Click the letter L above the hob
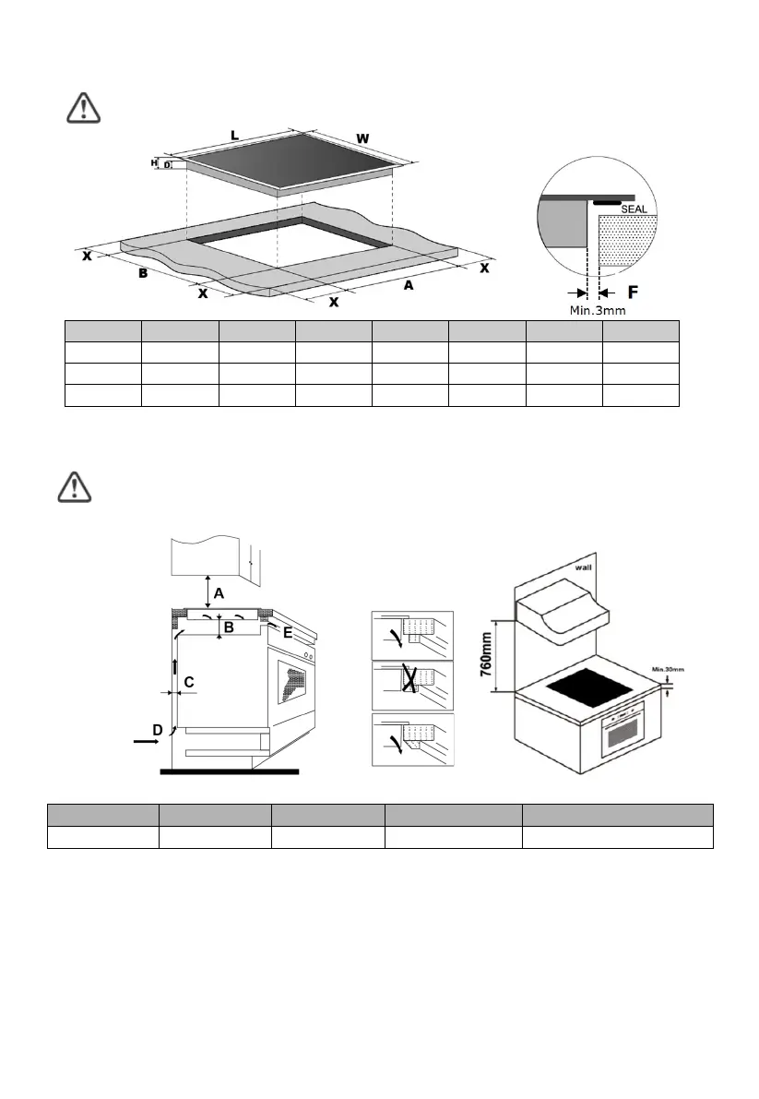tap(235, 136)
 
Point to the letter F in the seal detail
tap(633, 293)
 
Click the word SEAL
tap(633, 209)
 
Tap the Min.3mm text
tap(597, 311)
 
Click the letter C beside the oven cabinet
tap(188, 683)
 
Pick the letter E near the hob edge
tap(288, 633)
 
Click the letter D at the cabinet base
tap(158, 730)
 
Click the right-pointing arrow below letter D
tap(145, 740)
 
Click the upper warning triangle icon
tap(84, 108)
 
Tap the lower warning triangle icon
tap(71, 487)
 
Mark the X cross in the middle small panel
tap(409, 679)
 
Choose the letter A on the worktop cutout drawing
tap(407, 286)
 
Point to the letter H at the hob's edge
tap(156, 163)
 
